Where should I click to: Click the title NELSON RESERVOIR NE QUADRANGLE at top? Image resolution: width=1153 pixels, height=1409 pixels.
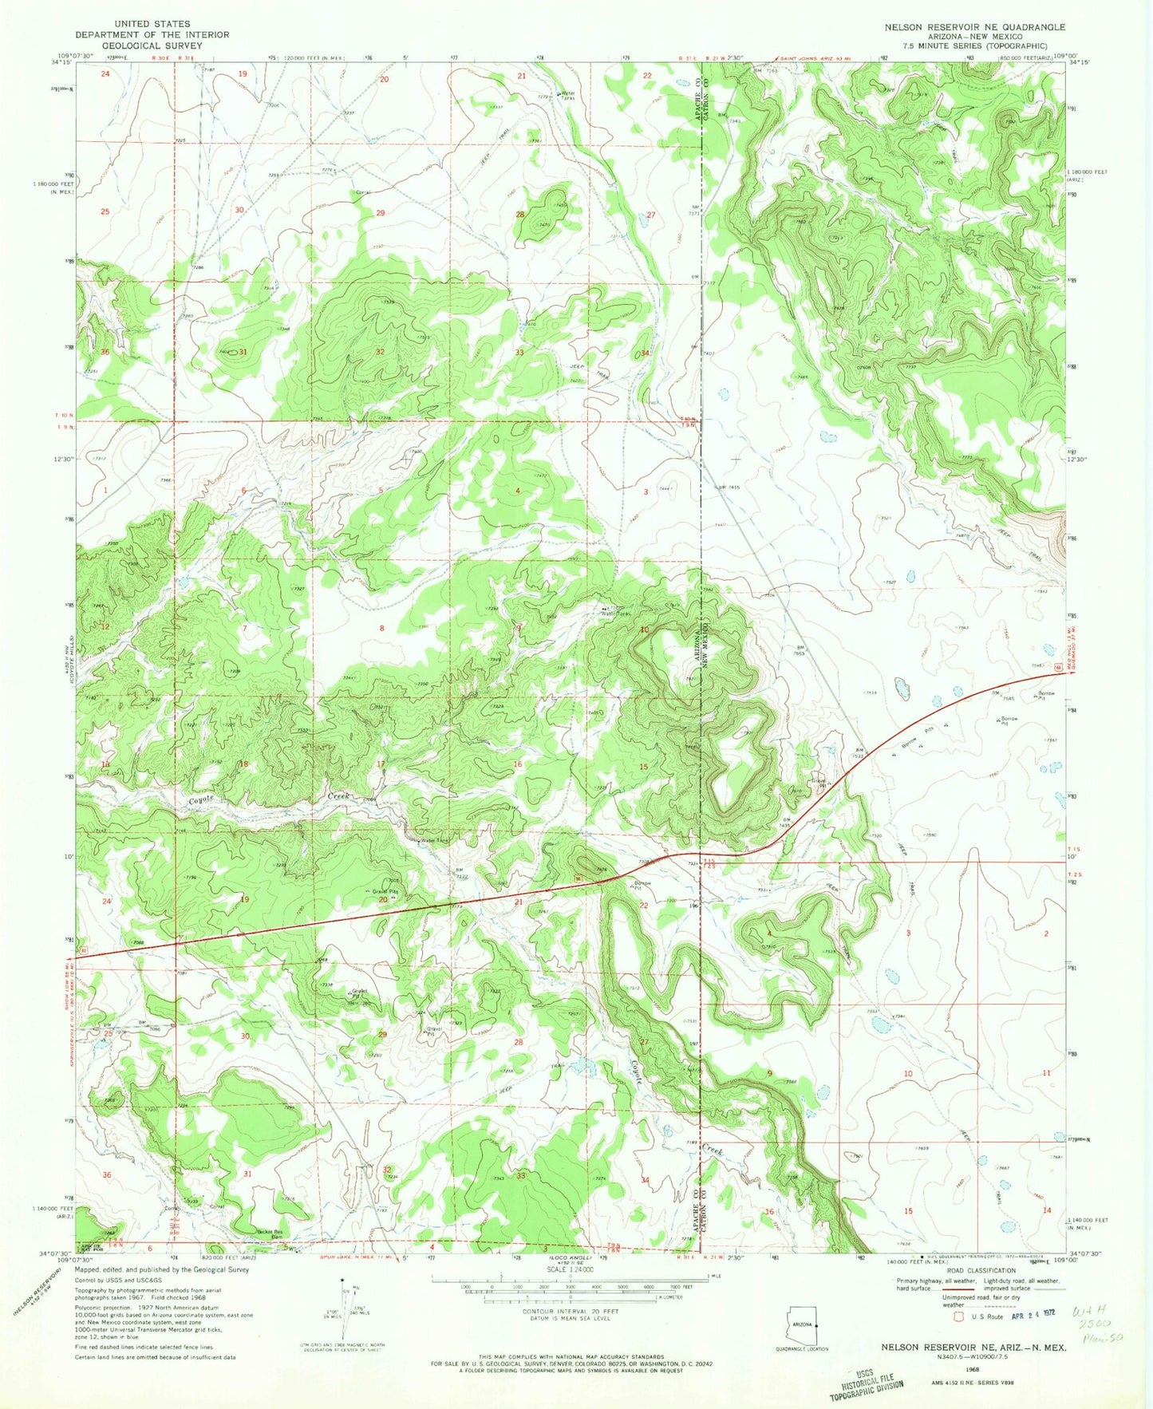click(974, 27)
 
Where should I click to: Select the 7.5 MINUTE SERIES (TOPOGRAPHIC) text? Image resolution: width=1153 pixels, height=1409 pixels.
click(974, 45)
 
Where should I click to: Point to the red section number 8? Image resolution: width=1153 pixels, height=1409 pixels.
click(381, 629)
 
